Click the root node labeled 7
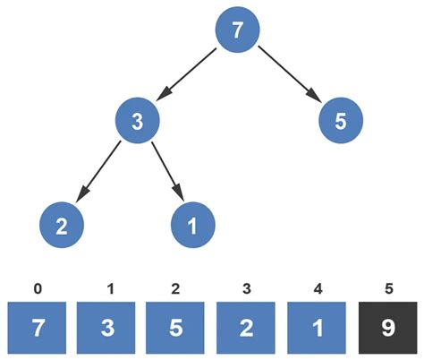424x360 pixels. click(x=237, y=31)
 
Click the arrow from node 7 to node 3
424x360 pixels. click(x=188, y=75)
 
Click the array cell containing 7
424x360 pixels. click(x=36, y=328)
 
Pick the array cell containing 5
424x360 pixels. click(x=176, y=328)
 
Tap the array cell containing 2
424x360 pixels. click(x=247, y=328)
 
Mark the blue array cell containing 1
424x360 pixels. click(x=317, y=328)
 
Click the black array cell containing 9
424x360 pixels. click(x=387, y=328)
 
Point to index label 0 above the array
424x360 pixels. click(x=36, y=288)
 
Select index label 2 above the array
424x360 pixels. click(x=176, y=288)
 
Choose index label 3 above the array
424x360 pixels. click(x=247, y=288)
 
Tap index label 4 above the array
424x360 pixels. click(x=317, y=288)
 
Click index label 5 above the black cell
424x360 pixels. click(x=387, y=288)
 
